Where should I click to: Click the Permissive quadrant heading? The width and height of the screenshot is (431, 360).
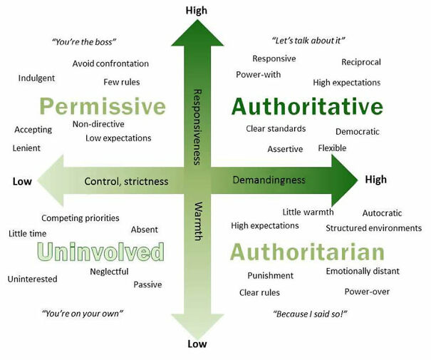[x=103, y=108]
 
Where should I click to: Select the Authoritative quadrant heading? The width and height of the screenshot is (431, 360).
[x=307, y=107]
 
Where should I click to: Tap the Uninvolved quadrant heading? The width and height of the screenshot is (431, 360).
[x=101, y=252]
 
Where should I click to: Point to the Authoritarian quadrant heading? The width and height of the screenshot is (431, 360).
[x=307, y=252]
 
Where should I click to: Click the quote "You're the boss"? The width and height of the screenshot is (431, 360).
[x=85, y=42]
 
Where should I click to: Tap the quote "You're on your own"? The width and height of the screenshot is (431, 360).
[x=83, y=313]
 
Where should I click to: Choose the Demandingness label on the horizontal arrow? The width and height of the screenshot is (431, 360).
[x=269, y=180]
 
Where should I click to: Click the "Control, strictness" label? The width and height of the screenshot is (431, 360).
[x=126, y=181]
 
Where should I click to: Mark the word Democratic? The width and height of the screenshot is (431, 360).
[x=358, y=132]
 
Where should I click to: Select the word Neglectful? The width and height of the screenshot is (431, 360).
[x=109, y=272]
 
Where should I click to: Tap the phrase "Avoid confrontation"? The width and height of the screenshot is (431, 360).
[x=110, y=63]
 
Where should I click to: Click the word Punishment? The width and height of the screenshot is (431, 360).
[x=270, y=275]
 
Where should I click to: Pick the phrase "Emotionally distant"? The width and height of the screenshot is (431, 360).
[x=363, y=271]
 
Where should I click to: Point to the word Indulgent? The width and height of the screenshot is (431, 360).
[x=36, y=78]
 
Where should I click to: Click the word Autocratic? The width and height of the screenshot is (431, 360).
[x=382, y=213]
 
